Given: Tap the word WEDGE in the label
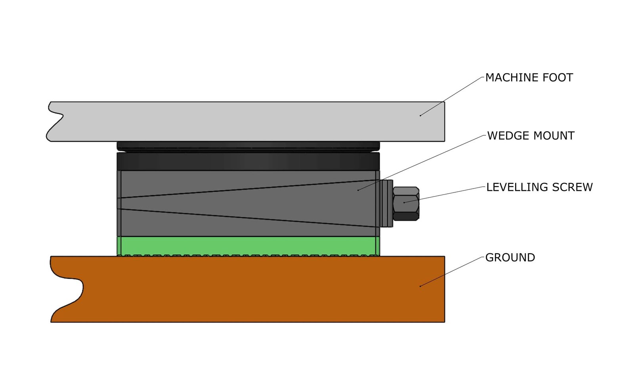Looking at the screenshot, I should [x=507, y=136].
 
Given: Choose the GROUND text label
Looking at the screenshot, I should [x=510, y=258].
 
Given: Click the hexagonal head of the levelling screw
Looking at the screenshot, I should [x=406, y=203].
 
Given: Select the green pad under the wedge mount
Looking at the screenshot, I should [x=248, y=245].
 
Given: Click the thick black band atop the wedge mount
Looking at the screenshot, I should [x=248, y=162].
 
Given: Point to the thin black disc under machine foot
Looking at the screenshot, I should [x=248, y=146].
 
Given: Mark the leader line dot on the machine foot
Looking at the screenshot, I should [x=420, y=116].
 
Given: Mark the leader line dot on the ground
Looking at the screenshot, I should [x=420, y=286].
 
